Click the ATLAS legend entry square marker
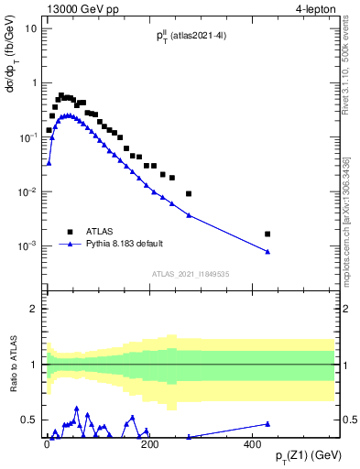tap(70, 232)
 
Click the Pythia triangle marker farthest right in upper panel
tap(267, 252)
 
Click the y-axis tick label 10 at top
tap(30, 27)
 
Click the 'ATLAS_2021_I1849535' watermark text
tap(190, 273)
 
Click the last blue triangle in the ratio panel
tap(267, 423)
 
